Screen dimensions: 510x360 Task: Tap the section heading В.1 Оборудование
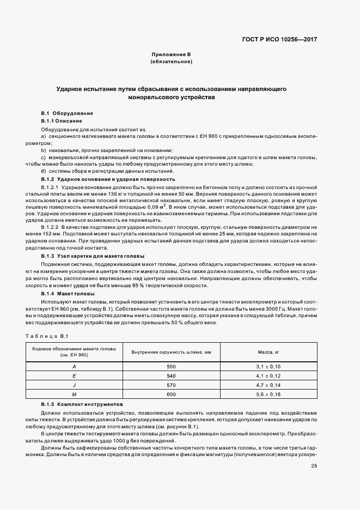(63, 113)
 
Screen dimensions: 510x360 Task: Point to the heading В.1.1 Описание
(62, 120)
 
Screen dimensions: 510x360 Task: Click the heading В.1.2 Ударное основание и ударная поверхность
(108, 179)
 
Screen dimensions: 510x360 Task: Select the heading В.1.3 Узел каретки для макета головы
(93, 256)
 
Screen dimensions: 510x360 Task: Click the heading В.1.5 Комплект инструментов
(82, 406)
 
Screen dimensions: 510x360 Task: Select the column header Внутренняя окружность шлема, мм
(171, 352)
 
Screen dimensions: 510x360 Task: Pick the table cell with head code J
(74, 385)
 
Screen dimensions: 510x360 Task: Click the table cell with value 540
(171, 376)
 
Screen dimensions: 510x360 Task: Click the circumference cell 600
(171, 394)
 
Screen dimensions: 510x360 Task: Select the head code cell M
(74, 394)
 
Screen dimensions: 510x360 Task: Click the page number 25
(314, 466)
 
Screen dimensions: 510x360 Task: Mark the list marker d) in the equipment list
(43, 171)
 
